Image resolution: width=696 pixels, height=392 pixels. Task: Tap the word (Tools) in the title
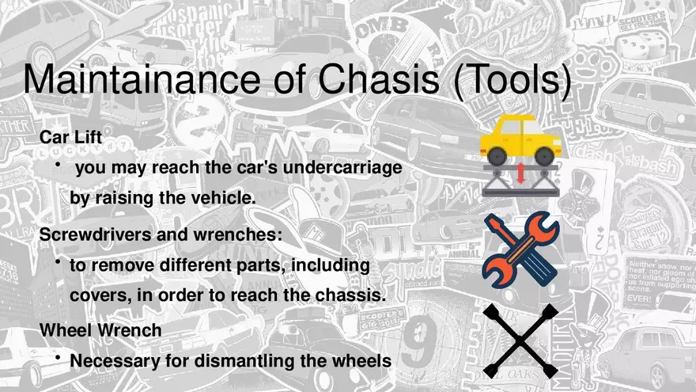pos(512,82)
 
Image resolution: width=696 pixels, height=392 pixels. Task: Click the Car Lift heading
pos(72,137)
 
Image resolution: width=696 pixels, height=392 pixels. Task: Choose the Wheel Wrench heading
pos(100,330)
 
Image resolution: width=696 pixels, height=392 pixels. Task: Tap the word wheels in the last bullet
pos(361,360)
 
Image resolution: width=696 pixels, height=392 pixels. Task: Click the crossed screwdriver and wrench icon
pos(520,249)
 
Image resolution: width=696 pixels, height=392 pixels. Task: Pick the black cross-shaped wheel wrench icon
pos(520,341)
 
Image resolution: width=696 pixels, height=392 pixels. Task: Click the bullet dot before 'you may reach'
pos(59,163)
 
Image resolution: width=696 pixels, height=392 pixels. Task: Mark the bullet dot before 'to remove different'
pos(59,261)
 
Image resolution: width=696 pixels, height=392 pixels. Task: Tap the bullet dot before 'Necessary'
pos(59,356)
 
